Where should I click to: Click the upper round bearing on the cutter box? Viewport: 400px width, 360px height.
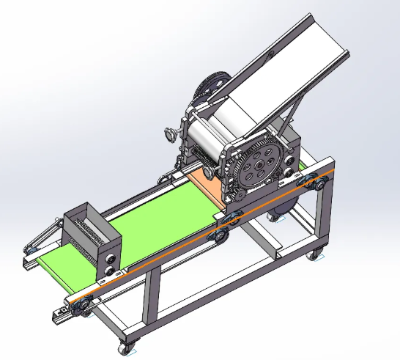click(x=111, y=258)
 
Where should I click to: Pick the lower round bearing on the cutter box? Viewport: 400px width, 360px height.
click(x=111, y=271)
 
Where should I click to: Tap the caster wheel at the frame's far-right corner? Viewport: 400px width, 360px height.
click(x=316, y=254)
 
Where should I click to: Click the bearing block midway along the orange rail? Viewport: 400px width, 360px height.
click(x=218, y=235)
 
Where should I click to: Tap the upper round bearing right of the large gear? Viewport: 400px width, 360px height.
click(x=294, y=142)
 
